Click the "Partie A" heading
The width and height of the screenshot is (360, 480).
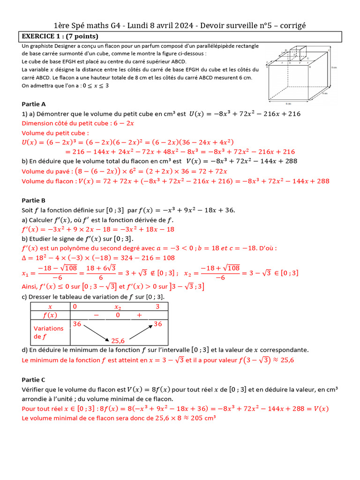[x=34, y=104]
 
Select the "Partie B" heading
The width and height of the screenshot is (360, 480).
[x=34, y=200]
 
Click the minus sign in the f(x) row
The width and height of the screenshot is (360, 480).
[x=96, y=315]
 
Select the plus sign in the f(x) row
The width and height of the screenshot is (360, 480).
[x=139, y=315]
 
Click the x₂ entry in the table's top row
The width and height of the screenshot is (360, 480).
[x=118, y=307]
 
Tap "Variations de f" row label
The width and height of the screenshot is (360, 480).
[x=48, y=332]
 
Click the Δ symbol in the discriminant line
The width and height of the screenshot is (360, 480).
[x=25, y=257]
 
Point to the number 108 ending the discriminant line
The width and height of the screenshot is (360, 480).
[x=169, y=257]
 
